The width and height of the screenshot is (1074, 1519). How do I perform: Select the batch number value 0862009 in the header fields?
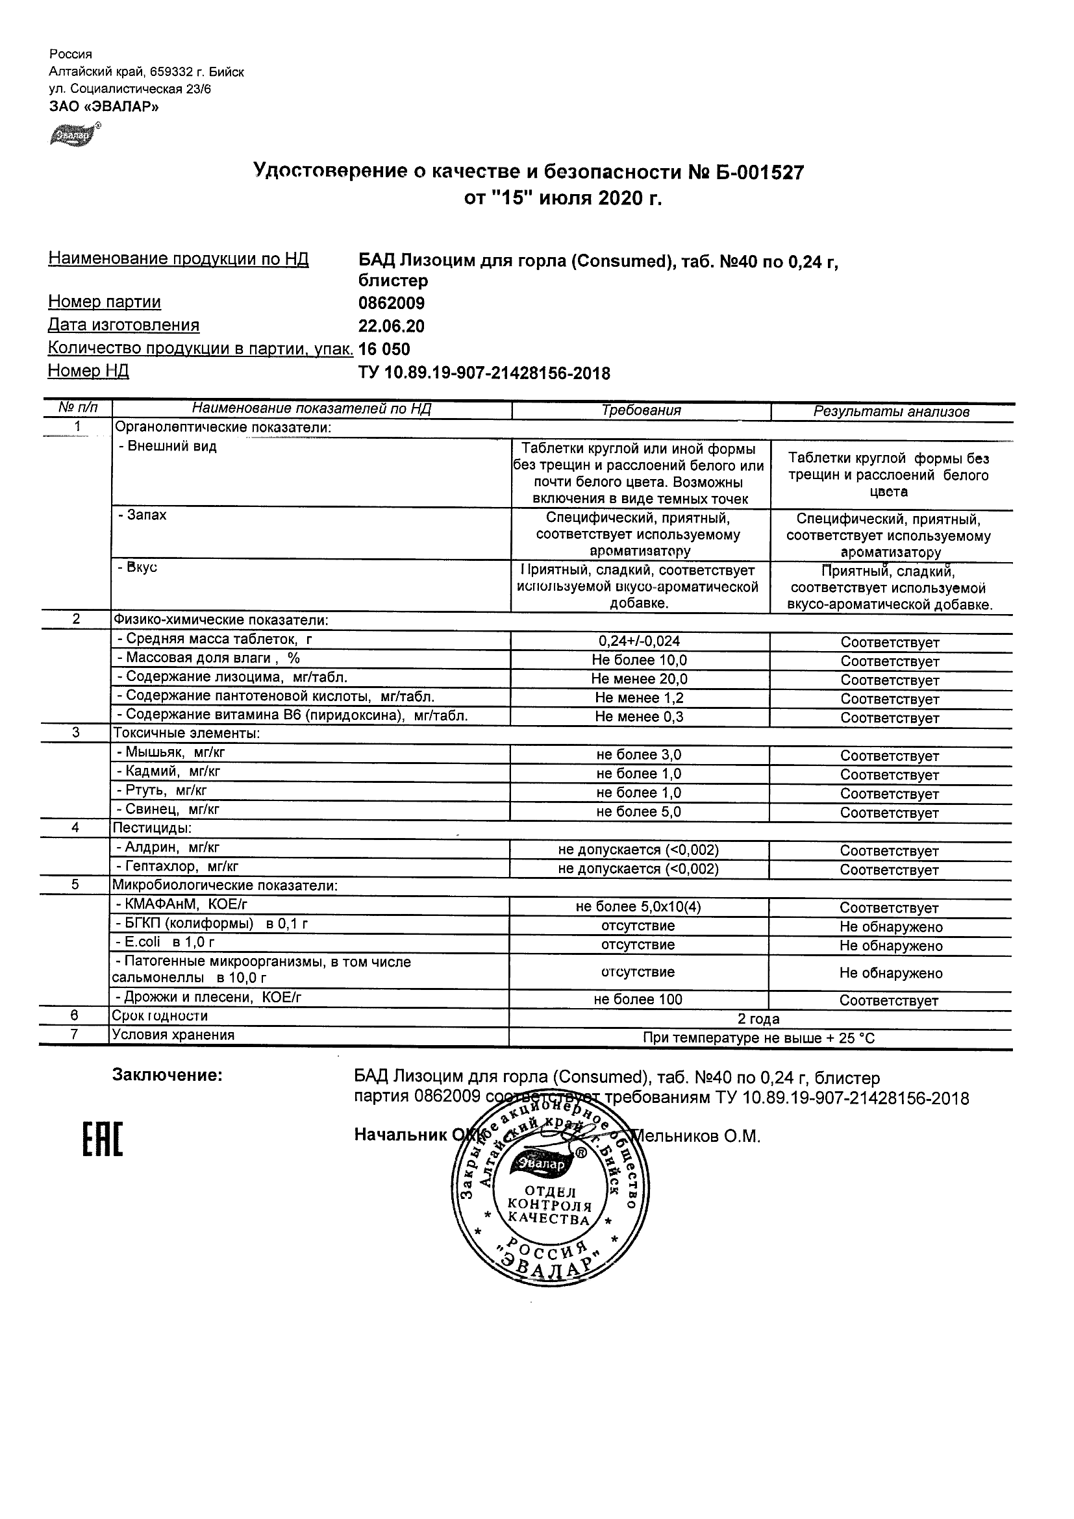pos(391,304)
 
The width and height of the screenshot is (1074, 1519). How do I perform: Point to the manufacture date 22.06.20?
pos(391,326)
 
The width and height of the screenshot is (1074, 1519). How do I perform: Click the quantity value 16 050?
pos(384,349)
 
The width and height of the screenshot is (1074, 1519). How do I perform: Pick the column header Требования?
pos(640,411)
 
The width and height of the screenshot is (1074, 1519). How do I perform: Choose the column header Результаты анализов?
pos(891,412)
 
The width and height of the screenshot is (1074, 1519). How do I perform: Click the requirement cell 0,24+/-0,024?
pos(638,641)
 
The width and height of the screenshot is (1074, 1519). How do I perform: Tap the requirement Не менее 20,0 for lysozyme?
pos(638,679)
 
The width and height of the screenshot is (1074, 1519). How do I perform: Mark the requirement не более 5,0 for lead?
pos(638,812)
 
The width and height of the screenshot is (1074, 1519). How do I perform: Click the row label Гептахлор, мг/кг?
pos(177,867)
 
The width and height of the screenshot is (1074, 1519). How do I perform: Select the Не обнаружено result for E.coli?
pos(891,946)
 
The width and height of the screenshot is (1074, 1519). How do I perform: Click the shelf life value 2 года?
pos(758,1019)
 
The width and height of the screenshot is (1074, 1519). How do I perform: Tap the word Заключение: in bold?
pos(168,1076)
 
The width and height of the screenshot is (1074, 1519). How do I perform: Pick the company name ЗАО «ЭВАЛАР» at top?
pos(104,106)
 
